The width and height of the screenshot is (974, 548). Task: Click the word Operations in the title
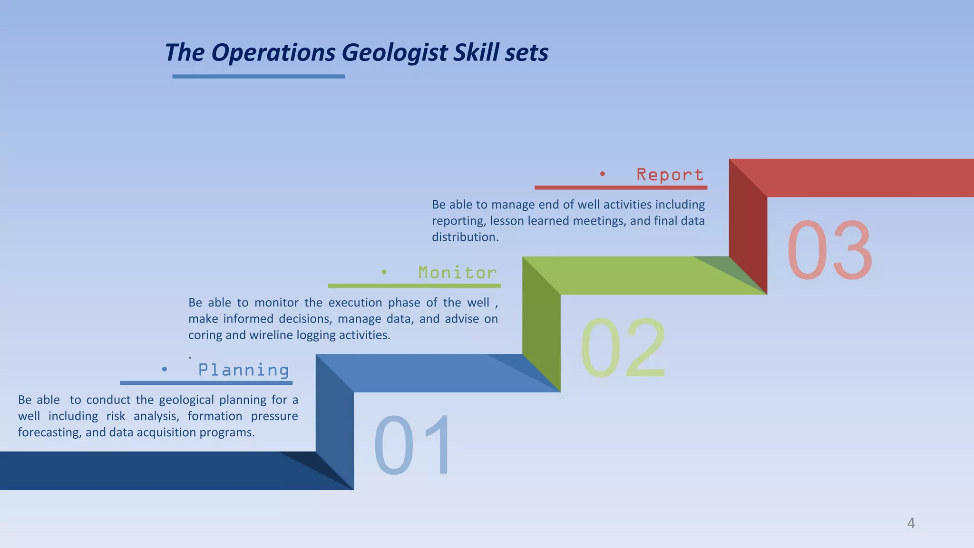coord(273,53)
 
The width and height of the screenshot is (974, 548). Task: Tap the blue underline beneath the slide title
coord(258,76)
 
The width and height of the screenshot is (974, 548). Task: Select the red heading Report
coord(670,175)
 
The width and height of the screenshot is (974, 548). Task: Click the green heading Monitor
coord(457,273)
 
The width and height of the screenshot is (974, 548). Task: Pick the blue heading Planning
coord(243,370)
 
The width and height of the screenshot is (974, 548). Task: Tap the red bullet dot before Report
coord(602,174)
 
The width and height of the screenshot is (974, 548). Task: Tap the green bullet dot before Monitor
coord(384,272)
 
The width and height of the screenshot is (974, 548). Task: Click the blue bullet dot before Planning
coord(164,369)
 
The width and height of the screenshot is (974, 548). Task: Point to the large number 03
coord(829,251)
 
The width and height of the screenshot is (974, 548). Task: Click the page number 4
coord(911,523)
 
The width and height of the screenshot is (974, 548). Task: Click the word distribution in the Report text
coord(464,237)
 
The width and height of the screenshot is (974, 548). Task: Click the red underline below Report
coord(621,188)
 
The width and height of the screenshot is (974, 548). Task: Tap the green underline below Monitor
coord(414,286)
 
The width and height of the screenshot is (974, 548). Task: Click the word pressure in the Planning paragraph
coord(274,416)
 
